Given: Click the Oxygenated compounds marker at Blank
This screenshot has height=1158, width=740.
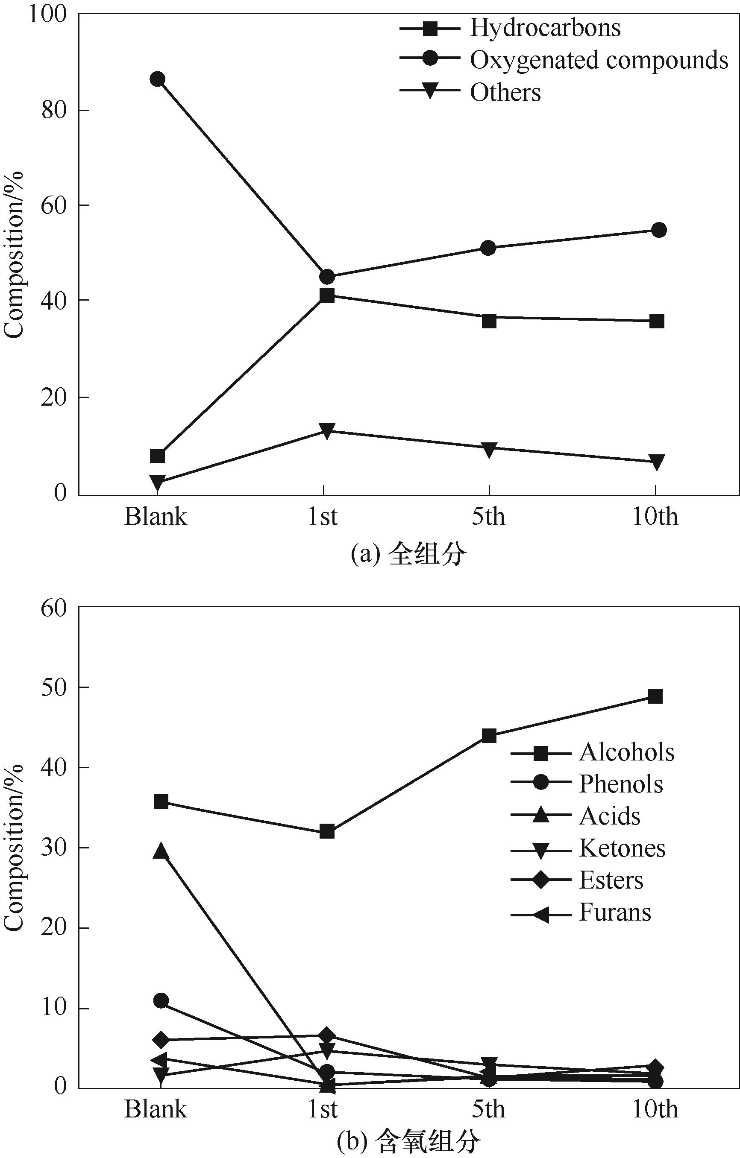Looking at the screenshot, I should click(x=157, y=79).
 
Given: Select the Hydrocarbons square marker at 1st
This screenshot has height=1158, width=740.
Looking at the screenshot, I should click(x=327, y=295).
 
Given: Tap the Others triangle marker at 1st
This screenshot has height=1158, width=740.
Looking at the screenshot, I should click(x=327, y=430).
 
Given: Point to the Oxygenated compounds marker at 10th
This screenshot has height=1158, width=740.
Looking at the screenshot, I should click(x=659, y=230).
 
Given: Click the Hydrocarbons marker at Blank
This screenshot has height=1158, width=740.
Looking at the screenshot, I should click(x=157, y=456).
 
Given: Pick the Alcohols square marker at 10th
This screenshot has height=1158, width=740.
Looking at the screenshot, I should click(x=655, y=696).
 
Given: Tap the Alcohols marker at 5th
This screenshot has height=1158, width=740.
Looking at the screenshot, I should click(x=489, y=736).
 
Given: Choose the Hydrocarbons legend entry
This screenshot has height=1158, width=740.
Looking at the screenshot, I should click(x=545, y=27).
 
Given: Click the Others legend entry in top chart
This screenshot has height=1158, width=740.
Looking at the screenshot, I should click(x=505, y=92).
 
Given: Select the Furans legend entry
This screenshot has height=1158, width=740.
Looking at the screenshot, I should click(x=614, y=912).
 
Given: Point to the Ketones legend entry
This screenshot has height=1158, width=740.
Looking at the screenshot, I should click(x=622, y=848).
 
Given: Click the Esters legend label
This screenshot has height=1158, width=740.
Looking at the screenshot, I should click(x=611, y=880).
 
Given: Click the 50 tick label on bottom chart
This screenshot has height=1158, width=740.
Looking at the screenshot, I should click(x=53, y=688).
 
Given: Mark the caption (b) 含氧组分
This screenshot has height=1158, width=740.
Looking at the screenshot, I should click(x=408, y=1144).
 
